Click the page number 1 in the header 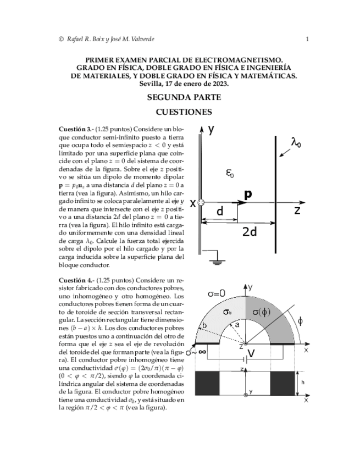click(307, 38)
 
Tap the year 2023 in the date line click(218, 84)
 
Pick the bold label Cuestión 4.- click(76, 280)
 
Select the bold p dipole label click(248, 195)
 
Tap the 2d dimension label click(250, 231)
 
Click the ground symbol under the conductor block click(217, 262)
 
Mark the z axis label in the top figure click(297, 210)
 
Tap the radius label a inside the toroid click(237, 325)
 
